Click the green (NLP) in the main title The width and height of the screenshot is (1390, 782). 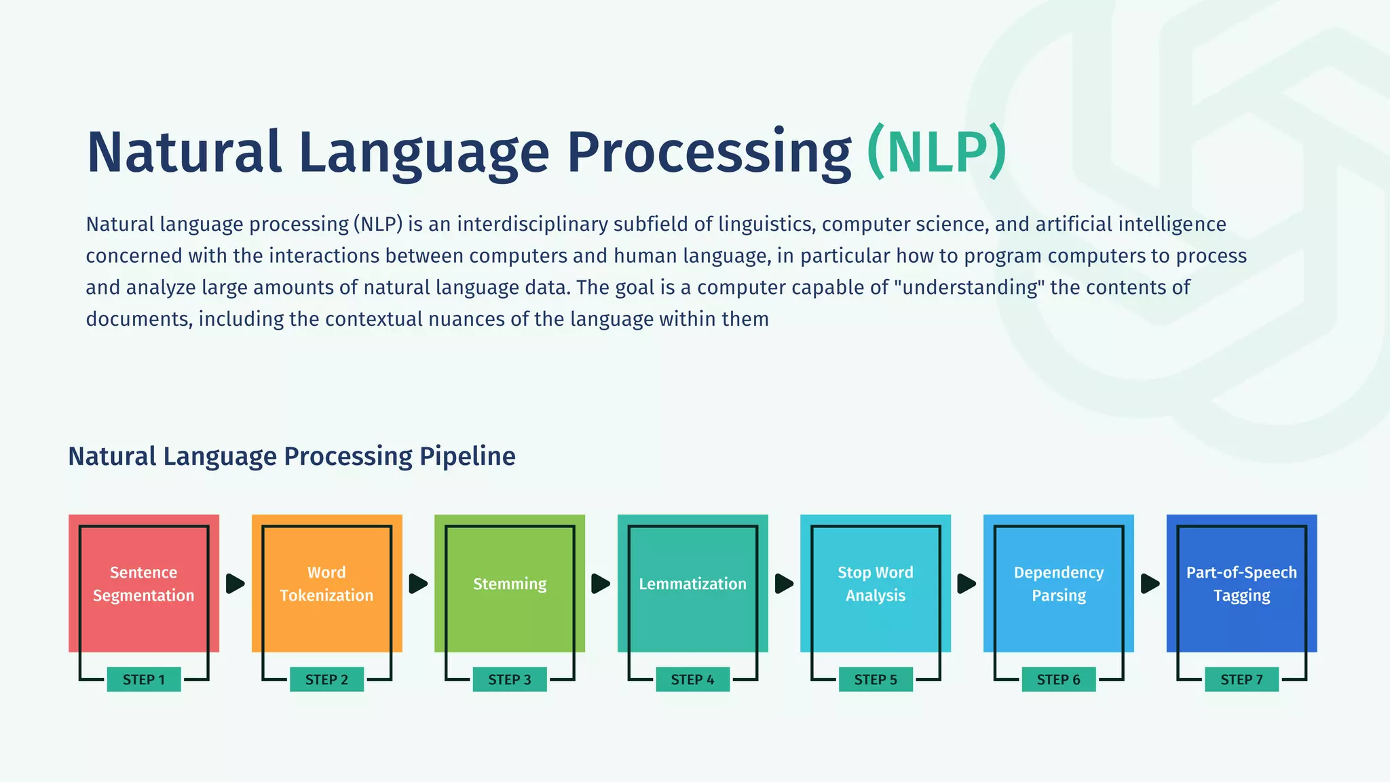(937, 152)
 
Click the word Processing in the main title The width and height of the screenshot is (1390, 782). (709, 152)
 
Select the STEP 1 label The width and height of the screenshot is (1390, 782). (144, 679)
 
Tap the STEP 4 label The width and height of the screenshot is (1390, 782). (692, 679)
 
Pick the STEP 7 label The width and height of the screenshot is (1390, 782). (1241, 679)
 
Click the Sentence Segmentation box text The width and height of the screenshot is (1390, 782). (144, 584)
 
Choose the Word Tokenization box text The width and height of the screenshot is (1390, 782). (326, 584)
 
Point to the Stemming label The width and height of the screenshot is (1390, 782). (510, 584)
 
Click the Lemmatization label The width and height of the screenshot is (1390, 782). (692, 584)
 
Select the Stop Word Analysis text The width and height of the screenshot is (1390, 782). (876, 584)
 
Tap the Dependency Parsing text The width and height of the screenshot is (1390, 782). (1059, 584)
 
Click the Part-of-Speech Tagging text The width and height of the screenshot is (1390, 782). (1241, 584)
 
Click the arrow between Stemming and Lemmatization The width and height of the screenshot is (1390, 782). (601, 584)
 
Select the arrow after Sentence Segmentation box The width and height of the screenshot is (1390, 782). (235, 584)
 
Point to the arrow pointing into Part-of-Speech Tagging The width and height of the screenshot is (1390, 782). (1150, 584)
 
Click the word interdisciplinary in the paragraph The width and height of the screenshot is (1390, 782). (532, 224)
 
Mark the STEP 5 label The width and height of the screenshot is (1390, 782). (876, 679)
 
